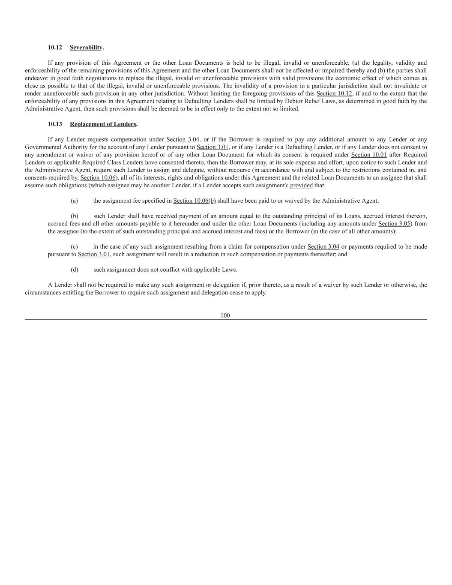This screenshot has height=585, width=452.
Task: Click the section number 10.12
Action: [x=55, y=48]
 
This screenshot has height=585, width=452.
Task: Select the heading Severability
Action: [x=86, y=48]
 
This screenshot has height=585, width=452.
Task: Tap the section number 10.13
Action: [x=55, y=124]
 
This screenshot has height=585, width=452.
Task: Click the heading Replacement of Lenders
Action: [x=103, y=124]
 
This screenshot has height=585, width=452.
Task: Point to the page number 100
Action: [x=225, y=315]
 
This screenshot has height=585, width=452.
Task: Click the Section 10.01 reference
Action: [x=369, y=155]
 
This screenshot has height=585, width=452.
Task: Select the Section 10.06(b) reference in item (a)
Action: [x=195, y=201]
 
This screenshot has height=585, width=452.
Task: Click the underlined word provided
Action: [x=301, y=186]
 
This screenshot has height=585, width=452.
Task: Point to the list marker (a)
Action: [x=74, y=201]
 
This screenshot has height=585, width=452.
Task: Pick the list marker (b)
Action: [x=74, y=216]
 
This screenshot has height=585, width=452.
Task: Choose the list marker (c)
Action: [x=74, y=247]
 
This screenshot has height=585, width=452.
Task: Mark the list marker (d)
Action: [x=74, y=270]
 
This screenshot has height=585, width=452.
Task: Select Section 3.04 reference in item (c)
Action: [x=323, y=247]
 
